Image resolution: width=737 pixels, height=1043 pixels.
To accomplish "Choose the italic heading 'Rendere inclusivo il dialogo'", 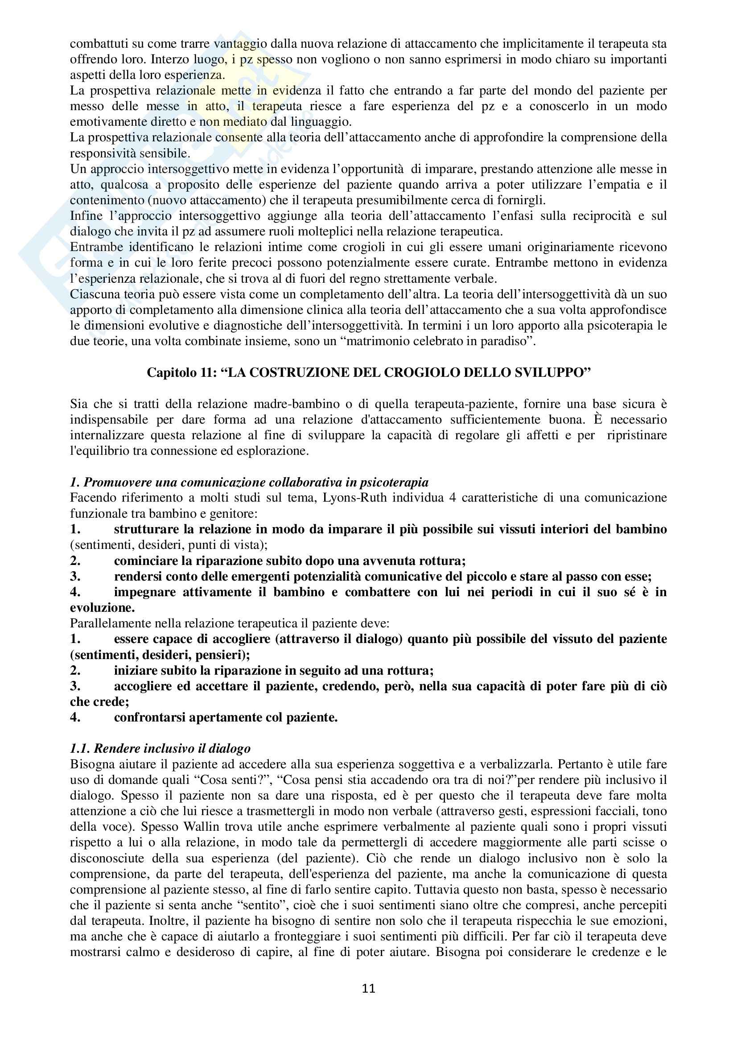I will [x=161, y=749].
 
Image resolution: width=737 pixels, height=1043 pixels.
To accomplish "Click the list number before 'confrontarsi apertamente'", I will [x=75, y=717].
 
